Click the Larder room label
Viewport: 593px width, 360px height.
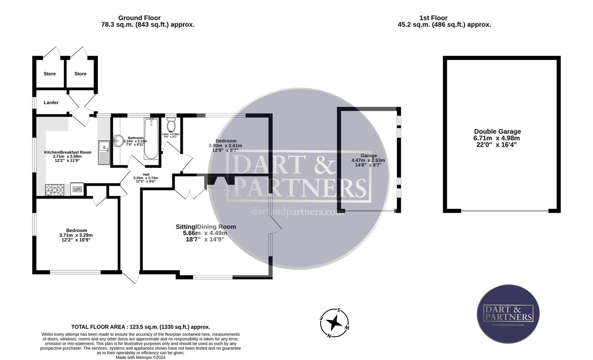(x=51, y=103)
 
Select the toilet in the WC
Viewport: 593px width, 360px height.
(x=171, y=123)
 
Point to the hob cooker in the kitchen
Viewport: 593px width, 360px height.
(x=55, y=189)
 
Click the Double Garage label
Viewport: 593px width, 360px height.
(x=497, y=131)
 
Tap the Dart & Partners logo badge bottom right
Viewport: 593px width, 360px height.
(x=508, y=315)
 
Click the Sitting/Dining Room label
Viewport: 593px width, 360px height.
(x=206, y=227)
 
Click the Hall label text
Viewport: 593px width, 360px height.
(x=146, y=174)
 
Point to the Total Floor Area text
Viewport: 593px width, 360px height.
(x=141, y=327)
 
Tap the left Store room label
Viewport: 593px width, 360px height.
(x=49, y=74)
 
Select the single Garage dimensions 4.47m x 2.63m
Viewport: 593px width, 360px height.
(x=368, y=160)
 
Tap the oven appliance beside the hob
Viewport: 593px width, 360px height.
(x=77, y=189)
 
